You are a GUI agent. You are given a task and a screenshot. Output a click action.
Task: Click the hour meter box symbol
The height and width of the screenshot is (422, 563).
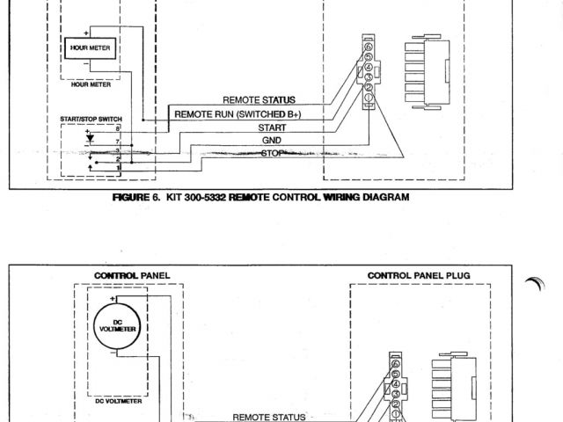91,49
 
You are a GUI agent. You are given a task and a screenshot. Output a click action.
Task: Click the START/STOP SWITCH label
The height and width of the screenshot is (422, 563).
91,118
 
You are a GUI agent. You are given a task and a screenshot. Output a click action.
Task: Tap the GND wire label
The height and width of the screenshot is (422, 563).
271,140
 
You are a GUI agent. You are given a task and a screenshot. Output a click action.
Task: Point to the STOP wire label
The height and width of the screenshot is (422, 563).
273,153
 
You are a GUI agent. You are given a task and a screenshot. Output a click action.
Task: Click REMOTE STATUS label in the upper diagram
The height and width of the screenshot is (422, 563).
259,100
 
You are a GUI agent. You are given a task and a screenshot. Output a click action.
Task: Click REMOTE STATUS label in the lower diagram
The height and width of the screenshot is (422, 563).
268,418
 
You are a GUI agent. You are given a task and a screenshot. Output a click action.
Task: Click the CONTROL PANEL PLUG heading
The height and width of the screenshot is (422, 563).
419,275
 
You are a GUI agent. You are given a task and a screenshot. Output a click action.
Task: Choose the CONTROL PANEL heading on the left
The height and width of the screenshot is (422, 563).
131,275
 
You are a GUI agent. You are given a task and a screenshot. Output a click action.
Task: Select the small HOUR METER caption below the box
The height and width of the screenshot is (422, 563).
91,86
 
